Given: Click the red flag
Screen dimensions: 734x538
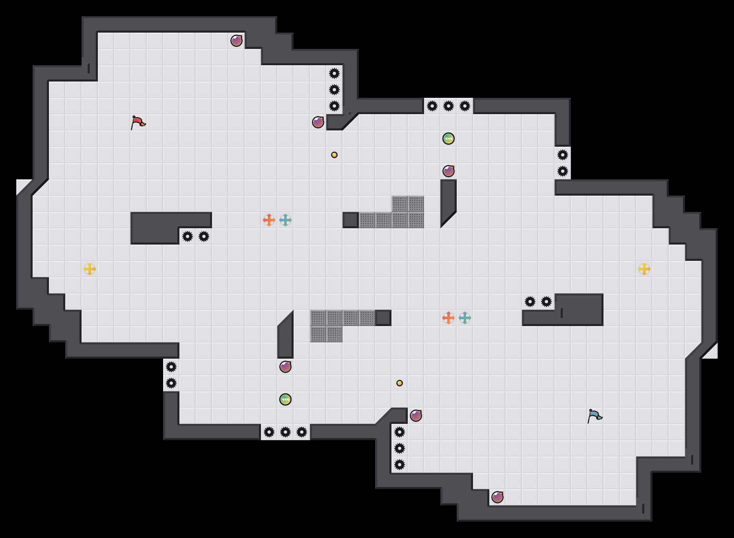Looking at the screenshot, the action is (138, 122).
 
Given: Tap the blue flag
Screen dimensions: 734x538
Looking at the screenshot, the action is (595, 416).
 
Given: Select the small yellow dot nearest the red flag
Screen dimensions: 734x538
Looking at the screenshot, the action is (334, 155).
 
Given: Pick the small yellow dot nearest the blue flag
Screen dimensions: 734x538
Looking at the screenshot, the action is (400, 383).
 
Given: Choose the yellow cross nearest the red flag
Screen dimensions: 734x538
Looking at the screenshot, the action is (90, 269).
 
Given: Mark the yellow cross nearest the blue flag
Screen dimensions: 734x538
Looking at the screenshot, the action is (644, 269).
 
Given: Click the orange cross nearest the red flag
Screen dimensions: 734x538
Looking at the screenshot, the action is (269, 220).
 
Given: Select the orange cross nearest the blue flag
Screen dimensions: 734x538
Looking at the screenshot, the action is (449, 318).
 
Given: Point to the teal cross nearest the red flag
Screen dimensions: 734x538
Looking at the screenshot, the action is (285, 220).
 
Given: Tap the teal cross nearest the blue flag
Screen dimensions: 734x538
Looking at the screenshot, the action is (465, 318).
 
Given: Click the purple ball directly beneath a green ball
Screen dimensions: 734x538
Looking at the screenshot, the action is (449, 171).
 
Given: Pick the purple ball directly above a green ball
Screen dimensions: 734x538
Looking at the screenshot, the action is (285, 367).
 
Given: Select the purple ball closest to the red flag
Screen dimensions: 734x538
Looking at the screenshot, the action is (237, 41).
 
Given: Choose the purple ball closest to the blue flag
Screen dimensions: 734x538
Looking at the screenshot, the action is (497, 497).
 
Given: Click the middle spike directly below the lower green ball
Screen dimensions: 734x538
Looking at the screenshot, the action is (285, 432).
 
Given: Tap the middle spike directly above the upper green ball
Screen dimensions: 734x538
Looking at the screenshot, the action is (449, 106).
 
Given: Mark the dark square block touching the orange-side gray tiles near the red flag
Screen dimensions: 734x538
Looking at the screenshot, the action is (351, 220).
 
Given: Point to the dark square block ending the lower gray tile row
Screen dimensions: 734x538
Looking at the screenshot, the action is (383, 318).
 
